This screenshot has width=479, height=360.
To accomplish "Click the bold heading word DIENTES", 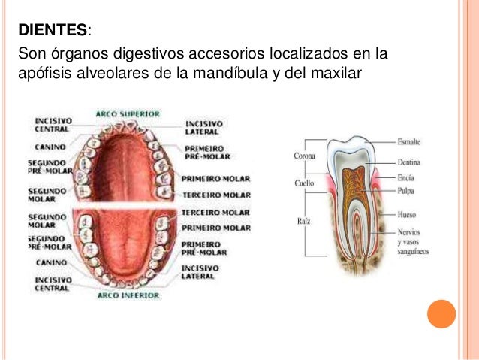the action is [53, 30].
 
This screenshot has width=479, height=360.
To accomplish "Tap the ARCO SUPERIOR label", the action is [128, 114].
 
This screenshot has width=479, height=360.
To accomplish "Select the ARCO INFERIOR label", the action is [128, 295].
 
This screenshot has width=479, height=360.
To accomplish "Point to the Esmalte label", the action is [408, 141].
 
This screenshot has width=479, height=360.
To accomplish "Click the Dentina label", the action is [408, 162].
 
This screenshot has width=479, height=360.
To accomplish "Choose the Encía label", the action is [405, 177].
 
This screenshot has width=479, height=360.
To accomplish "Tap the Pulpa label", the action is [405, 191].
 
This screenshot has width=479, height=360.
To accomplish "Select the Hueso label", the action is [407, 214].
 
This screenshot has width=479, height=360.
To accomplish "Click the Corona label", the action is [304, 156].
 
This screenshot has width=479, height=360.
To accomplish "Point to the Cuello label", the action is [304, 183].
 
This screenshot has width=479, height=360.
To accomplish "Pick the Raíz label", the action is [303, 221].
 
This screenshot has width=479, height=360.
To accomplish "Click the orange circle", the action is [441, 314].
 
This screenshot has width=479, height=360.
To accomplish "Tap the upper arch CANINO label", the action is [50, 147].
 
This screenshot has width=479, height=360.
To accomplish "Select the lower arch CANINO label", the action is [51, 262].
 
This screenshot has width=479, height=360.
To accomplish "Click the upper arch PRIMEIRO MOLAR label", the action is [215, 179].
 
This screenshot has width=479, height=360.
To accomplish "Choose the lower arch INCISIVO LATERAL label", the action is [200, 272].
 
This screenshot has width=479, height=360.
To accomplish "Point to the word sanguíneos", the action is [414, 252].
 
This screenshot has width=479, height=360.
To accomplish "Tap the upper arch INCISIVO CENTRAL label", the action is [53, 125].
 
